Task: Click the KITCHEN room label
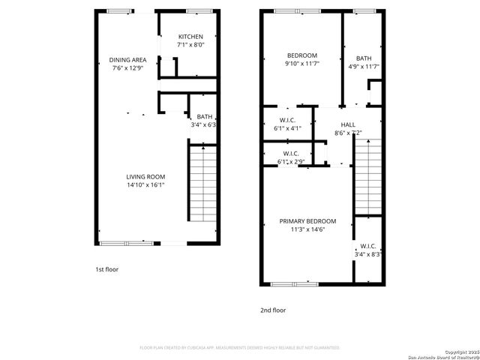(190, 37)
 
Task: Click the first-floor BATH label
(204, 116)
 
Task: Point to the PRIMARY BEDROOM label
(307, 221)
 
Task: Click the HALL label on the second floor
(348, 124)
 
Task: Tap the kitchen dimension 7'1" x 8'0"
(190, 45)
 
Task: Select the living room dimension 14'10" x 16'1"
(145, 184)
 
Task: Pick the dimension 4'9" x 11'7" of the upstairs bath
(363, 67)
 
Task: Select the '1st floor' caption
(106, 269)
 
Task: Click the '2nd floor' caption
(273, 310)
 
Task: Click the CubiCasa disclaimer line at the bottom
(240, 348)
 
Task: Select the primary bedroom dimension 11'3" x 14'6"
(307, 229)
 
